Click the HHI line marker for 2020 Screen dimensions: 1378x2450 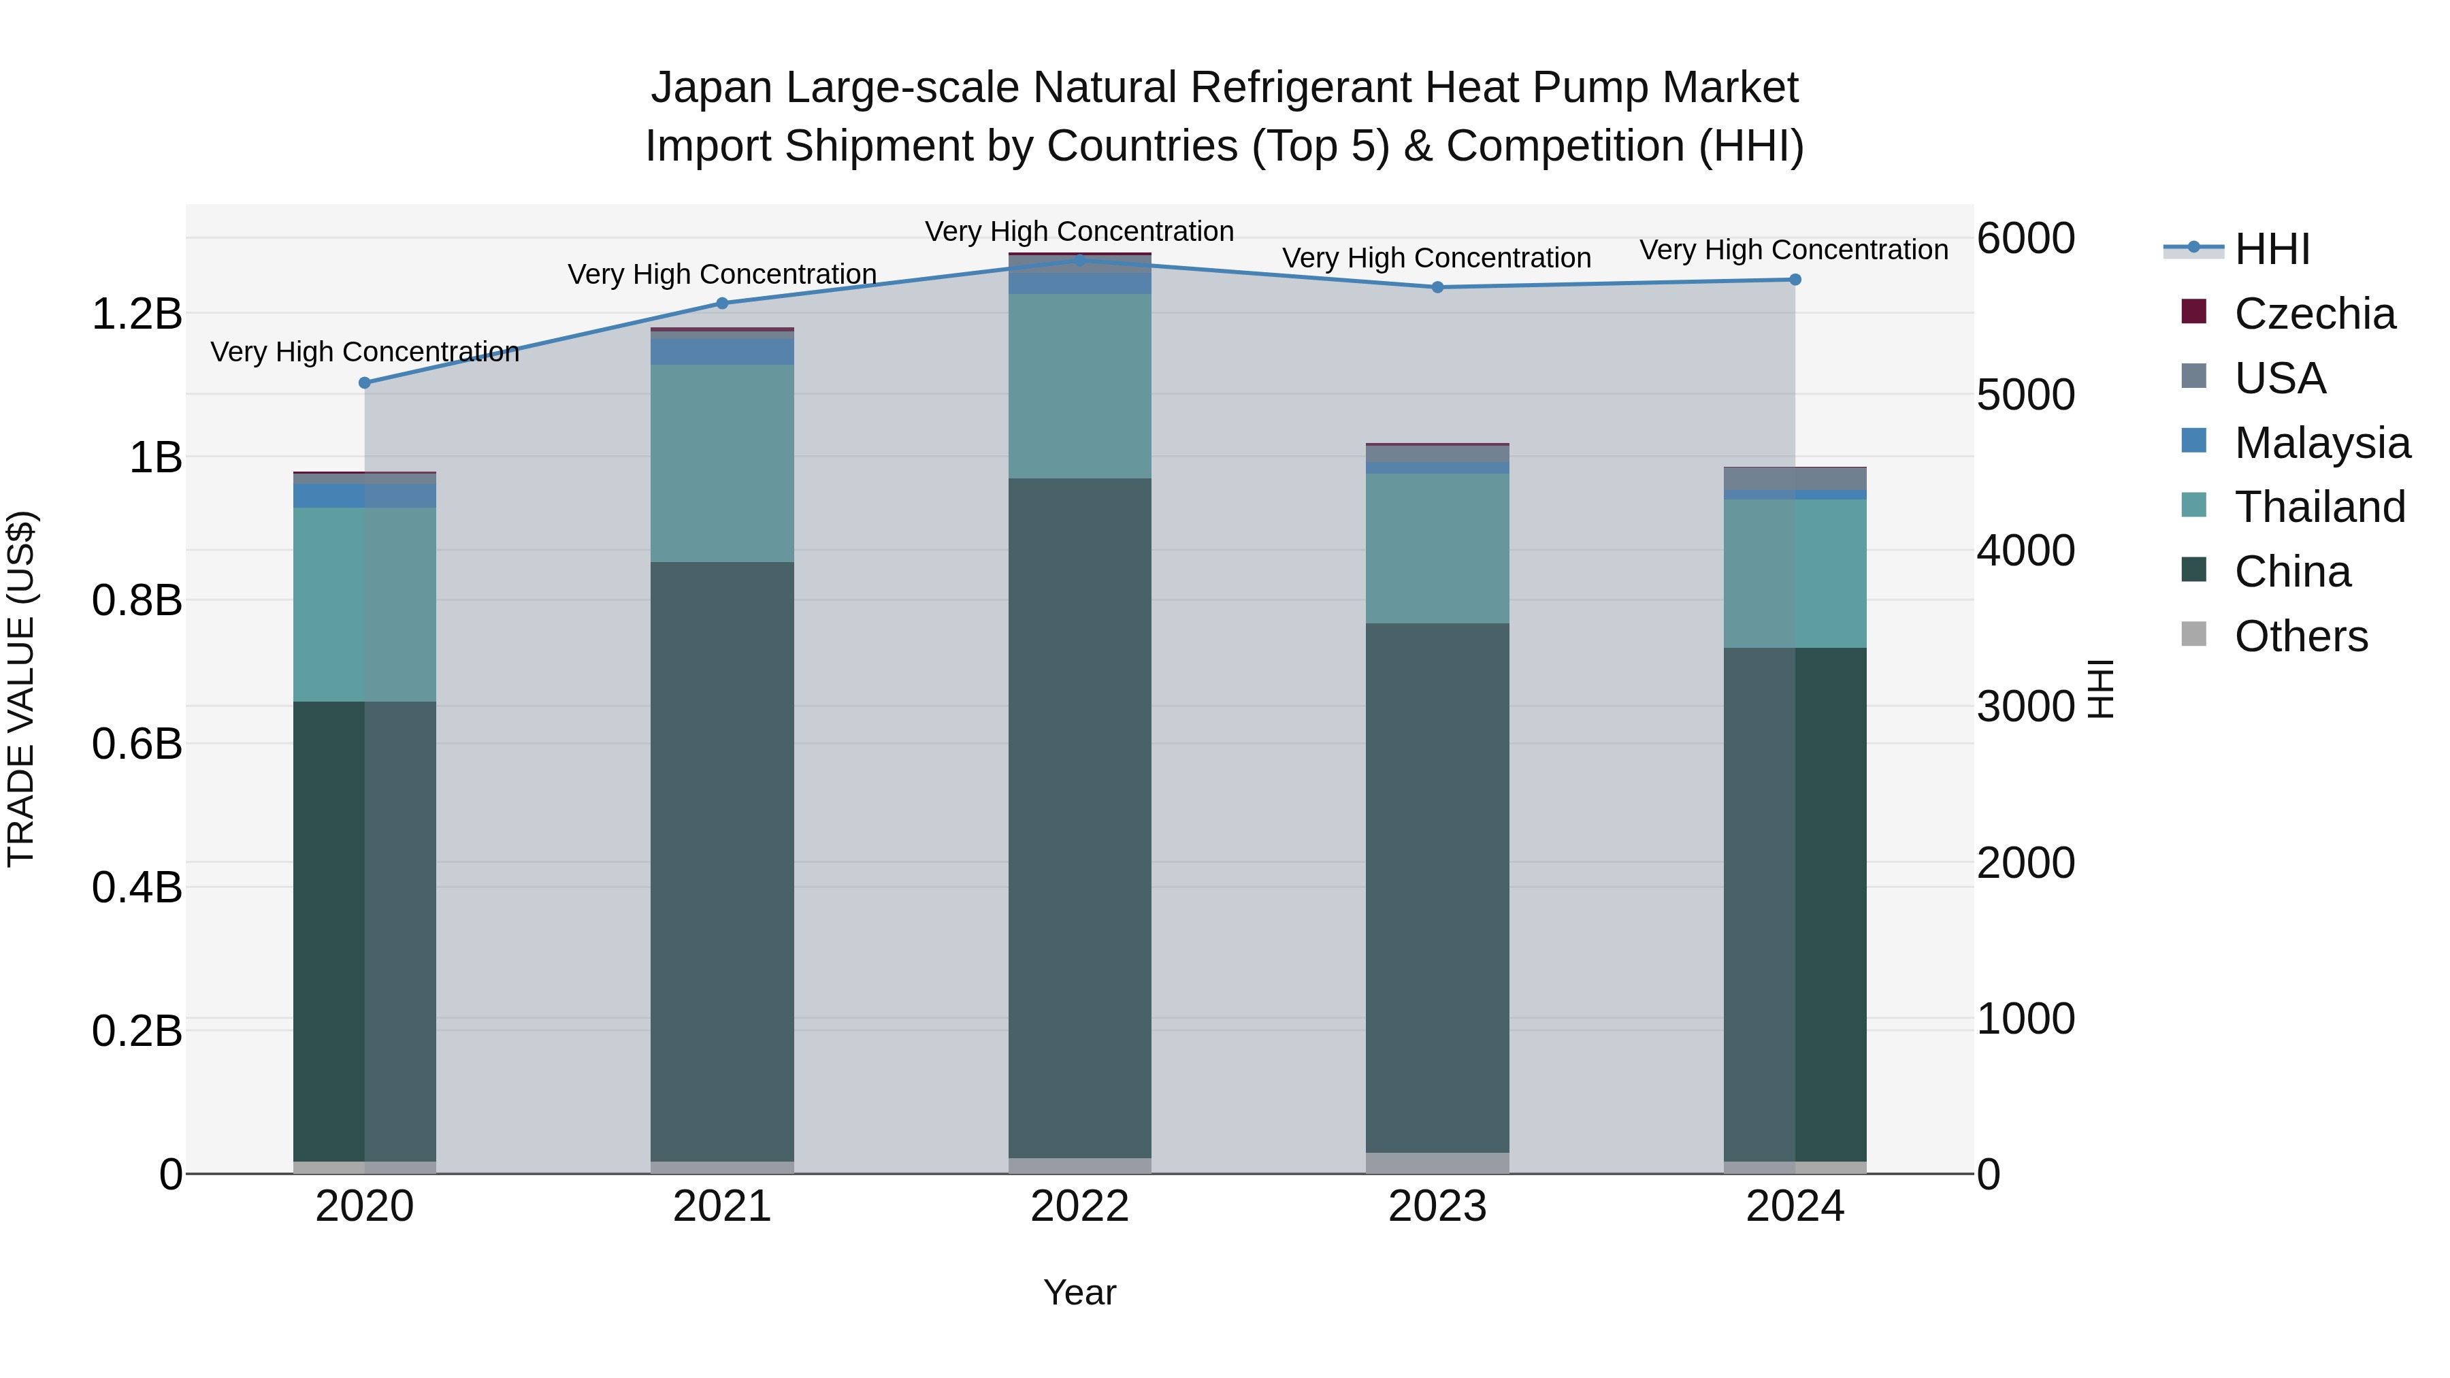[364, 382]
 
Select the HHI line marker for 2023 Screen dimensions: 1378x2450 [1437, 287]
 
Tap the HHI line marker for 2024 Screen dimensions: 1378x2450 [1795, 280]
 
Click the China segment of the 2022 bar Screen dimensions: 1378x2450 [1079, 818]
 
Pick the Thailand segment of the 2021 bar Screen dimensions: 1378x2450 [722, 463]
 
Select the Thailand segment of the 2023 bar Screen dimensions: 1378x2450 [1437, 548]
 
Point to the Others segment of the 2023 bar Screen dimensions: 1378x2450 [1437, 1163]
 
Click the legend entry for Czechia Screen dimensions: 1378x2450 [2313, 314]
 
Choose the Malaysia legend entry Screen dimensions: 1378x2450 [2321, 443]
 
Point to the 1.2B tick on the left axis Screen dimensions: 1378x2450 [136, 314]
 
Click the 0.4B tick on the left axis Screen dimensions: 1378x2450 [136, 887]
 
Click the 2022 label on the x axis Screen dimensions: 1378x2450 [1079, 1207]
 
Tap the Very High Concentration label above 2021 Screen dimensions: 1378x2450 [722, 274]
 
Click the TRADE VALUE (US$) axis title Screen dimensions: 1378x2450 [21, 689]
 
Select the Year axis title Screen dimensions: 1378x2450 [1079, 1292]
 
